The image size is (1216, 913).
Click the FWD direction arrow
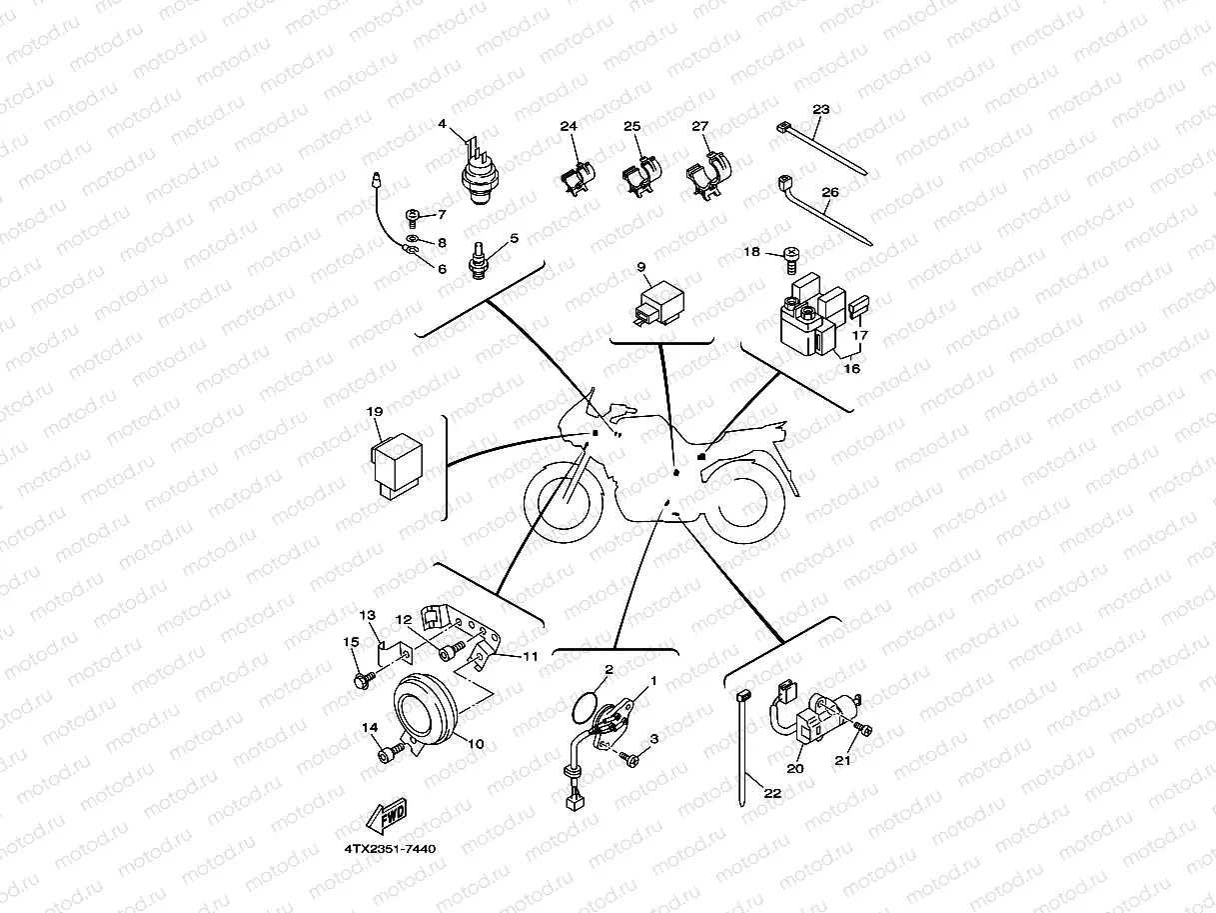386,815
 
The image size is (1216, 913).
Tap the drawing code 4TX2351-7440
390,849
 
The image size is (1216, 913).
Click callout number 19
375,411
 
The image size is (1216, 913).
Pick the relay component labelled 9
659,305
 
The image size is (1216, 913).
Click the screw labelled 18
792,261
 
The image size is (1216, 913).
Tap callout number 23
821,109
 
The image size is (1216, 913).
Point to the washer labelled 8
412,238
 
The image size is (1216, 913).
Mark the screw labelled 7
412,217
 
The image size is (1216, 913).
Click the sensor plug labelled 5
479,261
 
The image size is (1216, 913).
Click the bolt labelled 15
366,680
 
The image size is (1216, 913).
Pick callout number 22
772,793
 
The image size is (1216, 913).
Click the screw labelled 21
862,729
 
